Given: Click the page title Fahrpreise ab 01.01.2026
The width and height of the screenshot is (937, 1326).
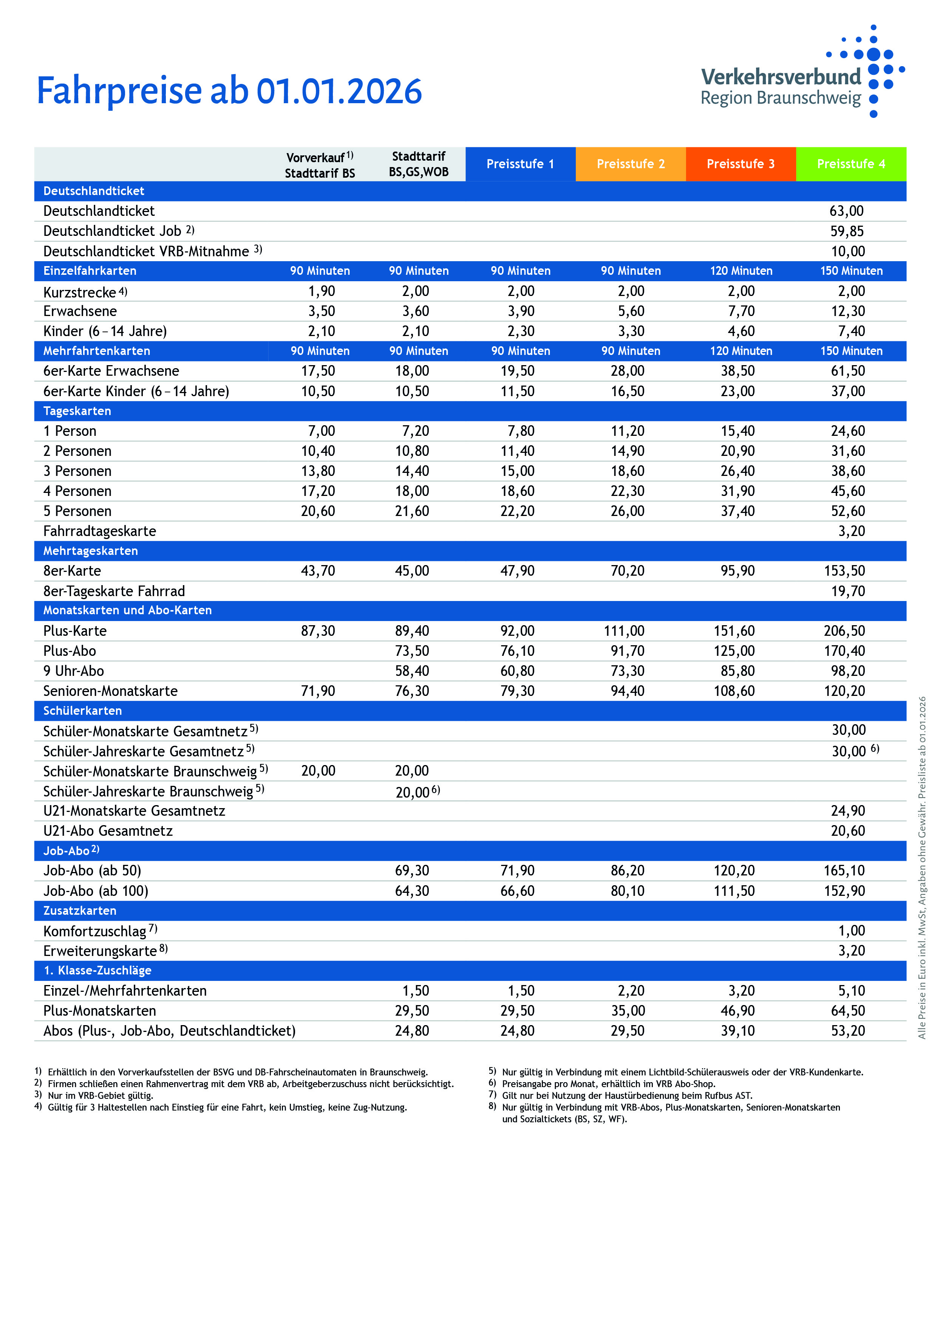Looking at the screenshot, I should (229, 91).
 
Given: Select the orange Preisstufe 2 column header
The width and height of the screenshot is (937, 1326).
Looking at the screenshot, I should (631, 164).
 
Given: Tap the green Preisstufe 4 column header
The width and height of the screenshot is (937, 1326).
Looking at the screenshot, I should (850, 164).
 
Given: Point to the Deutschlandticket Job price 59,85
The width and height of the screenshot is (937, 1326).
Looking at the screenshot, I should (846, 231).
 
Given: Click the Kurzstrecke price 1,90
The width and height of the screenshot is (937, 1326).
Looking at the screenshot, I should (322, 291).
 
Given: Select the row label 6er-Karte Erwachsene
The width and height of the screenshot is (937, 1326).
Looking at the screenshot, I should (111, 371).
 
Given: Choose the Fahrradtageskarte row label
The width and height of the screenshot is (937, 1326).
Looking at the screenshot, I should (100, 531).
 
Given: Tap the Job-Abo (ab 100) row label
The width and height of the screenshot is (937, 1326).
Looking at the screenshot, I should (96, 891).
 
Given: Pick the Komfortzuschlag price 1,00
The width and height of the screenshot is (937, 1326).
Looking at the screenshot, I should (852, 930).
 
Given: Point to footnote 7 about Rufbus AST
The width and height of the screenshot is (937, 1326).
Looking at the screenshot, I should (626, 1095).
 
